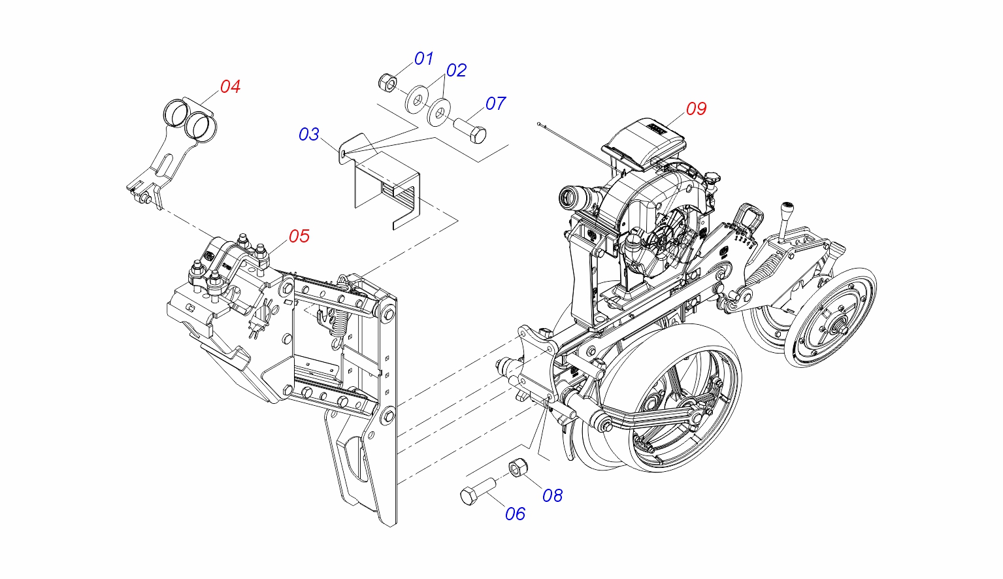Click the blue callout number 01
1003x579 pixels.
point(423,59)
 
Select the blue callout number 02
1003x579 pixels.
point(456,71)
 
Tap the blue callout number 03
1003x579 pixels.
point(309,135)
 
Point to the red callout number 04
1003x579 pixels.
point(230,86)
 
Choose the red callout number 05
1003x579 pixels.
point(299,236)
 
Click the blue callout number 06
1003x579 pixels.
point(515,514)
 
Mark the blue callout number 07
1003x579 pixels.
point(496,103)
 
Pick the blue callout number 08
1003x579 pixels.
point(553,496)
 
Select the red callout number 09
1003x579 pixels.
point(697,109)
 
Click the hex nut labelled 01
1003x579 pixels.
point(387,82)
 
